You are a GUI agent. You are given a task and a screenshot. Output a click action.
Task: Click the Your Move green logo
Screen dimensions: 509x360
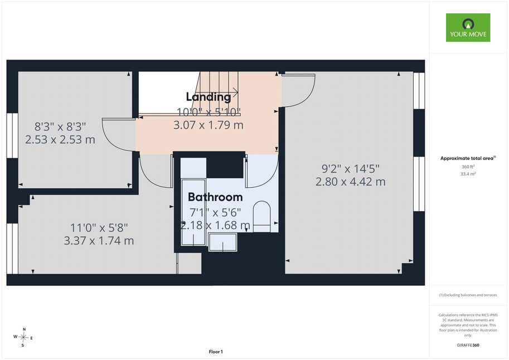click(x=468, y=28)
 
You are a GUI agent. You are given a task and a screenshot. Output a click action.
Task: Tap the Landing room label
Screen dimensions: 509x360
click(x=209, y=97)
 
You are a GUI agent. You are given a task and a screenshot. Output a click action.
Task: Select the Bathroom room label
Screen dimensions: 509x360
click(x=215, y=197)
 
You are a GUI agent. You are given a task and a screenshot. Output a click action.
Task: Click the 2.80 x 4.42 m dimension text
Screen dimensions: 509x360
click(x=351, y=182)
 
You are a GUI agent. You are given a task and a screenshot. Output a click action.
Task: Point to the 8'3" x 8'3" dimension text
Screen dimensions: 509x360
click(x=60, y=127)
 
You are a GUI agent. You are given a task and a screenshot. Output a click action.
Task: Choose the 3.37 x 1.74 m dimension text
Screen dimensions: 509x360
click(x=99, y=241)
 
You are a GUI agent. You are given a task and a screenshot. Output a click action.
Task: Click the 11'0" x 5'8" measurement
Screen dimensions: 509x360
click(x=99, y=227)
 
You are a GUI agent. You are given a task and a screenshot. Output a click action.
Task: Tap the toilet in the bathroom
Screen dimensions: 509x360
click(x=261, y=216)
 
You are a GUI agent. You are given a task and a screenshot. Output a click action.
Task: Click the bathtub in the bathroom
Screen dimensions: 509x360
click(x=193, y=212)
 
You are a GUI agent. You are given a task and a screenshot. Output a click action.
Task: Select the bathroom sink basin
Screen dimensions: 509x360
click(x=222, y=242)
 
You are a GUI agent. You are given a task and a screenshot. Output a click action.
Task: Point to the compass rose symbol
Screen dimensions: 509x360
click(x=23, y=337)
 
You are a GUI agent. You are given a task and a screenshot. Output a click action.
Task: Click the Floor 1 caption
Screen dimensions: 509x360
click(x=216, y=352)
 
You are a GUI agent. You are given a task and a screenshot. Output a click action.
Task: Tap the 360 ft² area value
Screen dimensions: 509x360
click(x=468, y=167)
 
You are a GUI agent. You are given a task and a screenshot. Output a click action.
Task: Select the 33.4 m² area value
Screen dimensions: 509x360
click(x=468, y=174)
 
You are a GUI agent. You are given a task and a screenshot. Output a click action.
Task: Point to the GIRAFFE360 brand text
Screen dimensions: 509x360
click(x=468, y=345)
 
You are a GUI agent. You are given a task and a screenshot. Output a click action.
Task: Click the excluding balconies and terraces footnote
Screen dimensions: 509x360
click(x=468, y=295)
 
